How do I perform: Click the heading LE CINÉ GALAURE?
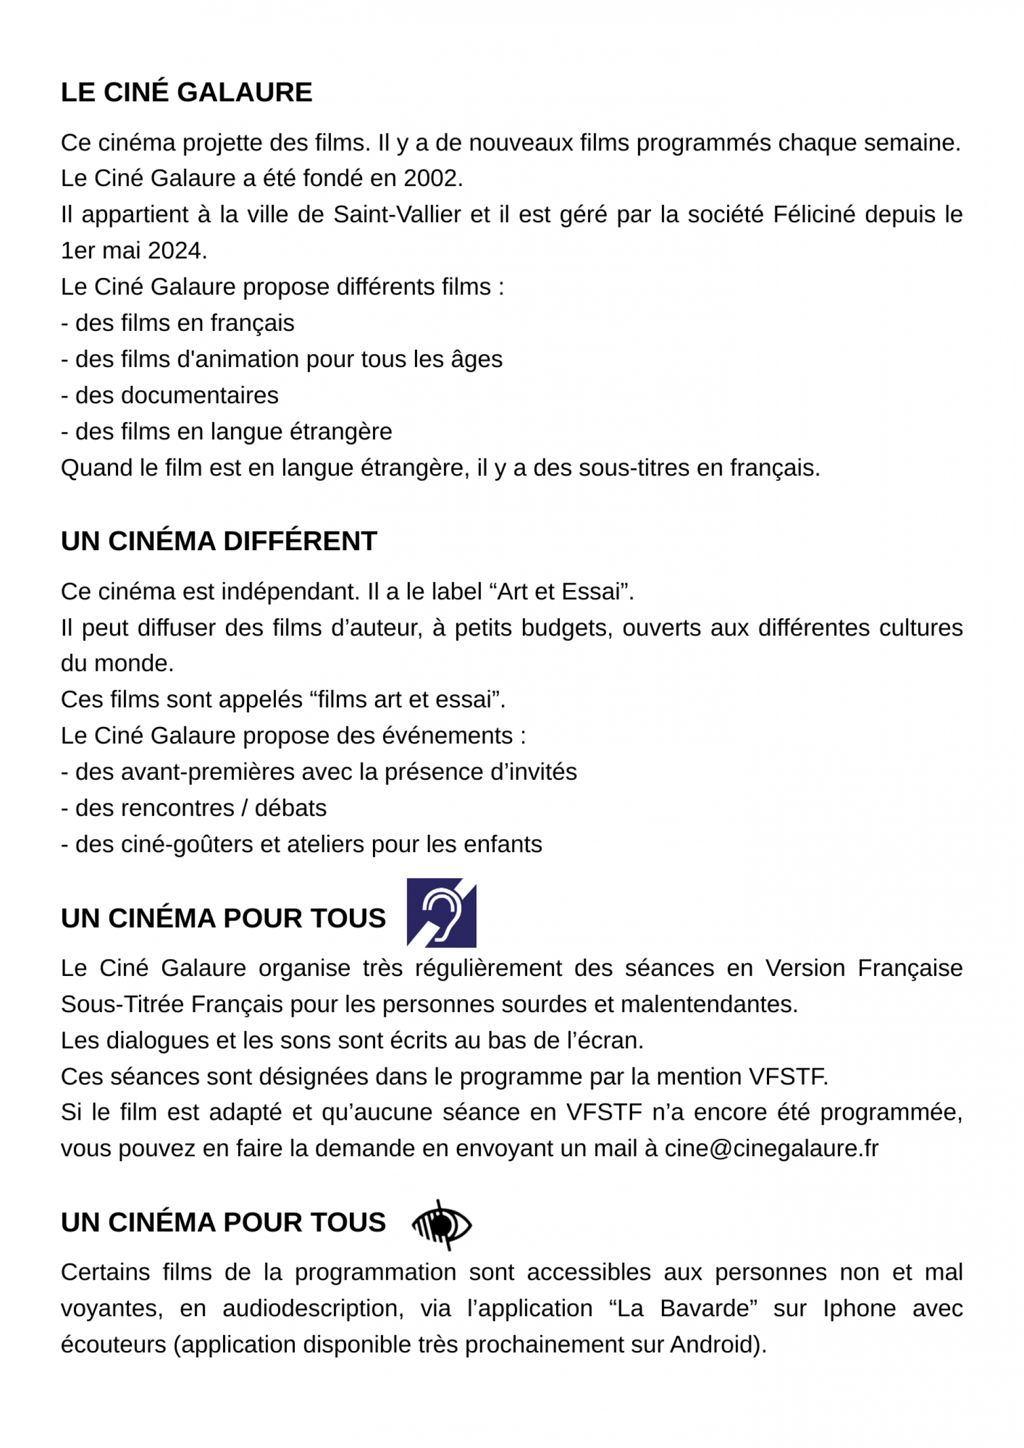186,92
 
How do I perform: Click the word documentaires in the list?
177,396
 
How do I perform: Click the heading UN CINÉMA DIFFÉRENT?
219,541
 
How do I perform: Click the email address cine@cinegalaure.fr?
771,1148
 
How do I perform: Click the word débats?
290,808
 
